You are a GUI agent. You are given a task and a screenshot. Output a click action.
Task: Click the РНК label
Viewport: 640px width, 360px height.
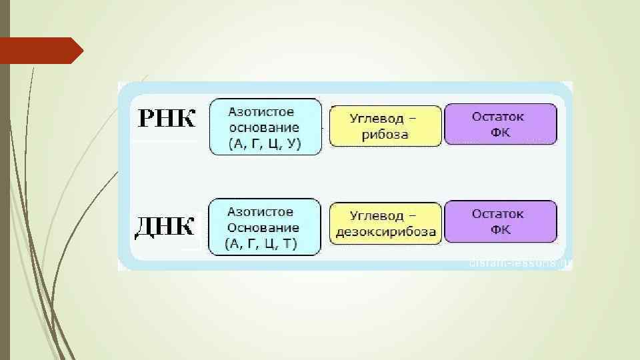[x=167, y=119]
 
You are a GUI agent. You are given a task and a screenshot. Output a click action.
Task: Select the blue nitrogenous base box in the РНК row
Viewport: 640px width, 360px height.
[x=265, y=127]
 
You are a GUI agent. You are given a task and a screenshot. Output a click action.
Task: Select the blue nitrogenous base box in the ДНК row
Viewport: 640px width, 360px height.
[x=264, y=227]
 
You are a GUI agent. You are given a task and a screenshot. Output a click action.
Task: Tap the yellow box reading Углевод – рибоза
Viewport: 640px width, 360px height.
[x=386, y=126]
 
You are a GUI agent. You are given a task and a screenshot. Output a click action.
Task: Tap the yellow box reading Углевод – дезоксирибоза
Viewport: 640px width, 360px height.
[x=386, y=223]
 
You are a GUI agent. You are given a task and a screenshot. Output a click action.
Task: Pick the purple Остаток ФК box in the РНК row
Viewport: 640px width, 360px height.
[x=500, y=124]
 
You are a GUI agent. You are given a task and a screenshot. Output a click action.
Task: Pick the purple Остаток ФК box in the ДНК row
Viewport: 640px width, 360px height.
[x=500, y=222]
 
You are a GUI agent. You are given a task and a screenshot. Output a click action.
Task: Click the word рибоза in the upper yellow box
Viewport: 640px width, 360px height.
[x=385, y=134]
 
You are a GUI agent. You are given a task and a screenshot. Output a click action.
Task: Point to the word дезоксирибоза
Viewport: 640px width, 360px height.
[x=386, y=232]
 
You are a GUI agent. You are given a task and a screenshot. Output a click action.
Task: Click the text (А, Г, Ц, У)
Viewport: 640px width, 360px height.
[x=265, y=143]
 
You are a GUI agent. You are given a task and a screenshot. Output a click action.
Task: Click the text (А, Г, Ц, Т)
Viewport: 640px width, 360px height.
[x=261, y=243]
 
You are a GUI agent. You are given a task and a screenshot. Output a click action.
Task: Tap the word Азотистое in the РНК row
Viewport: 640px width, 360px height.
[x=261, y=111]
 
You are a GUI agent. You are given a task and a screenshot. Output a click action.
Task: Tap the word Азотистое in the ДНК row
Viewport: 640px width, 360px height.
[x=260, y=212]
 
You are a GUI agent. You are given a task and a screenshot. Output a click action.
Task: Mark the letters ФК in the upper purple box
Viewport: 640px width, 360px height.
[x=500, y=132]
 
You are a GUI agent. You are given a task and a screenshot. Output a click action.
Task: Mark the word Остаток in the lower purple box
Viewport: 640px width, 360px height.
[x=498, y=214]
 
